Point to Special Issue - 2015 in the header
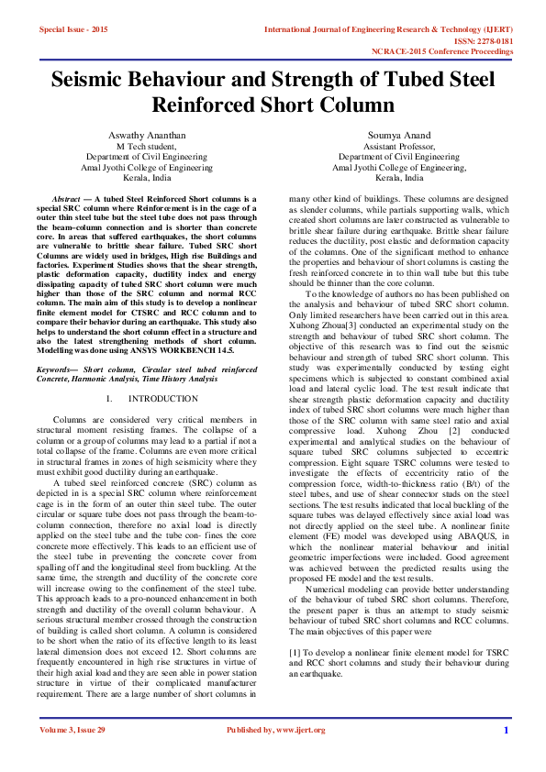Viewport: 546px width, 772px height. tap(73, 30)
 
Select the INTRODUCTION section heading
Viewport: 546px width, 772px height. tap(162, 399)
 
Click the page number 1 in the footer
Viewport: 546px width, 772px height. tap(506, 730)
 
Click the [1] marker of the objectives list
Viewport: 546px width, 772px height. tap(295, 649)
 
